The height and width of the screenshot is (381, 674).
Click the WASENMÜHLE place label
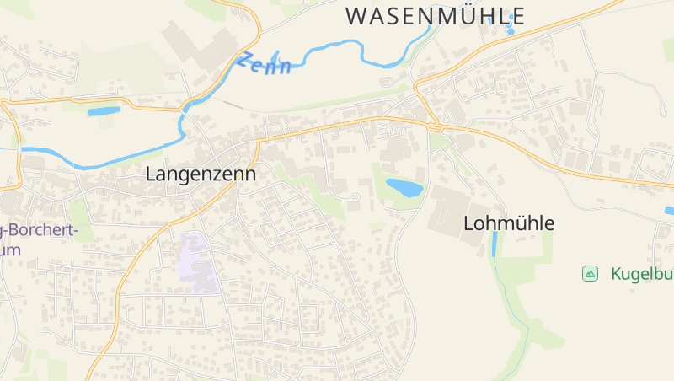coord(436,16)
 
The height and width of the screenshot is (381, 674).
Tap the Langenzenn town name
coord(201,174)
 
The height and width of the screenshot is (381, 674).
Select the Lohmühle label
coord(509,223)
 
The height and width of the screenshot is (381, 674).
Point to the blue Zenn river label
coord(264,63)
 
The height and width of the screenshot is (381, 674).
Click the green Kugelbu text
coord(641,273)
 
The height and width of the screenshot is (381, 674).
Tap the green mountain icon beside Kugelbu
coord(590,273)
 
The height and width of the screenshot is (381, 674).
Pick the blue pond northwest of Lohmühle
coord(404,187)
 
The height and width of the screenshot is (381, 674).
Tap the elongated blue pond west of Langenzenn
coord(104,111)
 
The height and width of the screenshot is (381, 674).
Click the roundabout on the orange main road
coord(436,127)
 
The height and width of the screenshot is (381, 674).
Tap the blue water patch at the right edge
coord(669,210)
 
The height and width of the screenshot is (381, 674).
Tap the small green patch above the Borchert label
coord(80,211)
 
